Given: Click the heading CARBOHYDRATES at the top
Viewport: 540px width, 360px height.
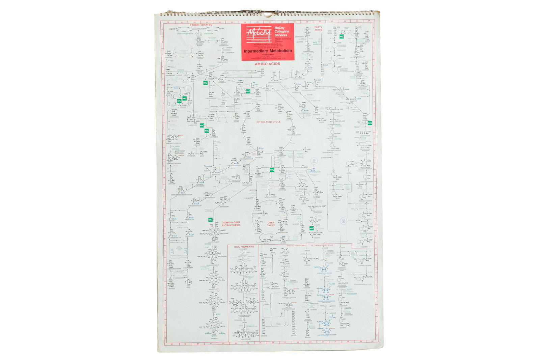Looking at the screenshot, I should coord(200,25).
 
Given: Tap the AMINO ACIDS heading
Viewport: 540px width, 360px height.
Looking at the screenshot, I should coord(267,64).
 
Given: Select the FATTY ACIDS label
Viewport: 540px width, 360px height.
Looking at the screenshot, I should coord(318,28).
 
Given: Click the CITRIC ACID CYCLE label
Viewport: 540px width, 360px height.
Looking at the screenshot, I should coord(268,122).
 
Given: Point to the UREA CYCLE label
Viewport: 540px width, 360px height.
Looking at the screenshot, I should coord(271,224).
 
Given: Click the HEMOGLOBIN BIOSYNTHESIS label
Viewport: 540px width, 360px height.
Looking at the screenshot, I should coord(231,224).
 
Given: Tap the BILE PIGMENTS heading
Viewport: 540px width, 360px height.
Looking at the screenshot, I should coord(244,247).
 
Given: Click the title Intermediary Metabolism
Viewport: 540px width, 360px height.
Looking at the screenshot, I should coord(268,51).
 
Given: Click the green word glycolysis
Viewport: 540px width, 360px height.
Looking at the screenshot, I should coord(209,34).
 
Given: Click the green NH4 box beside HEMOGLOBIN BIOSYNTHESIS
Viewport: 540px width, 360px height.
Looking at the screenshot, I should coord(211,220).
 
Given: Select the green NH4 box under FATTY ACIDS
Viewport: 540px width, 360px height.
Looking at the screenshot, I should coord(342,36).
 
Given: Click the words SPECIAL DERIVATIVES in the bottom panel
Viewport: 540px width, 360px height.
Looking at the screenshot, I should coord(296,246).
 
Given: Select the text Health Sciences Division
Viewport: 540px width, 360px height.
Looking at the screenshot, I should coord(282,40).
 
